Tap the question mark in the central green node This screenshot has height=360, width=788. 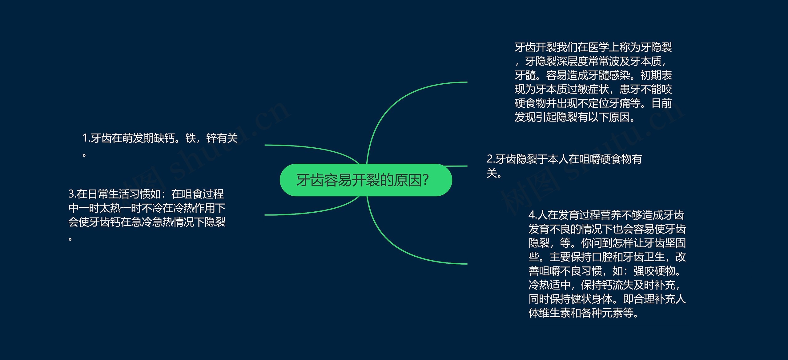pyautogui.click(x=425, y=180)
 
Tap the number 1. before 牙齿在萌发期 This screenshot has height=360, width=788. pyautogui.click(x=86, y=138)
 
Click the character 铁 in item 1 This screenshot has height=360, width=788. pyautogui.click(x=191, y=138)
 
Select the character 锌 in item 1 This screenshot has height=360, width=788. pyautogui.click(x=211, y=138)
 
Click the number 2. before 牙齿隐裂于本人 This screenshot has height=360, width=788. pyautogui.click(x=491, y=159)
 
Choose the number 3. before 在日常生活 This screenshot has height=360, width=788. pyautogui.click(x=72, y=194)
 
